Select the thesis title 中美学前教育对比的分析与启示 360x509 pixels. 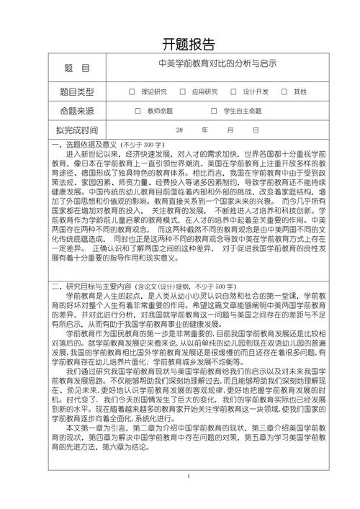[x=217, y=65]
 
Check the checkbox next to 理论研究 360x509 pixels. [x=132, y=91]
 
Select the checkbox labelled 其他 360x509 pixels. [x=284, y=91]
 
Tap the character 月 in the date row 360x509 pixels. [x=230, y=130]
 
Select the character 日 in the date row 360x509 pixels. [x=256, y=130]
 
